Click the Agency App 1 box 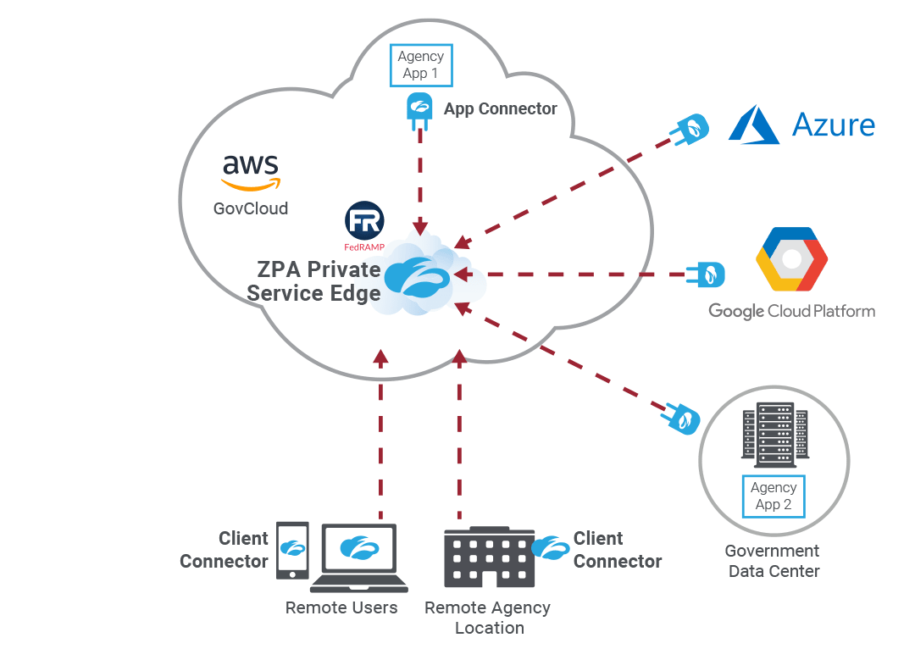(420, 65)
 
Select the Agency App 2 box (773, 496)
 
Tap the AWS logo (251, 173)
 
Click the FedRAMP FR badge (364, 222)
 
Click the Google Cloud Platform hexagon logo (791, 260)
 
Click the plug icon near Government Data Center (681, 418)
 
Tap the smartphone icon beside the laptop (293, 550)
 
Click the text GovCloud (251, 208)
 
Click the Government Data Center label (773, 561)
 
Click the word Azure (833, 125)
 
